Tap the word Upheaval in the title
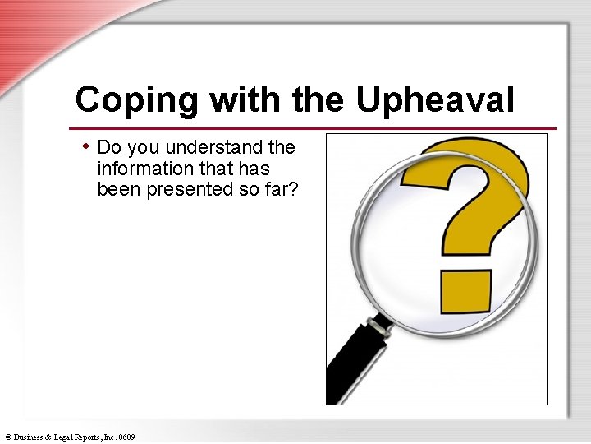pyautogui.click(x=435, y=100)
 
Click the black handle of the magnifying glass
pyautogui.click(x=353, y=362)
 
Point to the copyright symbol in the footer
pyautogui.click(x=7, y=437)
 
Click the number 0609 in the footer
pyautogui.click(x=126, y=437)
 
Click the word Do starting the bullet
pyautogui.click(x=108, y=148)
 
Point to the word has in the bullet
pyautogui.click(x=255, y=169)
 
